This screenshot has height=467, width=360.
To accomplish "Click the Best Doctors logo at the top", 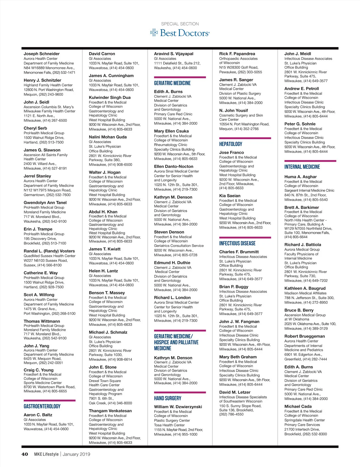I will pyautogui.click(x=180, y=33).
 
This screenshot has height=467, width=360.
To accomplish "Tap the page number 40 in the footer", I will pyautogui.click(x=25, y=454).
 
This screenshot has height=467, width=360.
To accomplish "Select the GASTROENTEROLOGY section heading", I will pyautogui.click(x=42, y=406).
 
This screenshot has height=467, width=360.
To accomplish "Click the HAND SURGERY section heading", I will pyautogui.click(x=168, y=398).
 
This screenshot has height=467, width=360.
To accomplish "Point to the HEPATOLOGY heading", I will pyautogui.click(x=231, y=144).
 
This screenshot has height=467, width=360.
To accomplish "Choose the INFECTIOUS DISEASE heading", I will pyautogui.click(x=237, y=243).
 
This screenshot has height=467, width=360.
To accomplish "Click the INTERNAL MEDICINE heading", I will pyautogui.click(x=302, y=167).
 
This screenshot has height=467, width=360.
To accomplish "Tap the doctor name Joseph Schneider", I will pyautogui.click(x=42, y=54).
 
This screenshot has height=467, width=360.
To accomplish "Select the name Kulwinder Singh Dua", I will pyautogui.click(x=109, y=97).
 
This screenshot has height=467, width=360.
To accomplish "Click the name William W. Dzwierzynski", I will pyautogui.click(x=178, y=407).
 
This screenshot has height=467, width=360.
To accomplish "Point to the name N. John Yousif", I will pyautogui.click(x=233, y=110).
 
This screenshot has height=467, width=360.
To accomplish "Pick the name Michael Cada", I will pyautogui.click(x=298, y=406).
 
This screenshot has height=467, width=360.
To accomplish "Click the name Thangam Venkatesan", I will pyautogui.click(x=110, y=411).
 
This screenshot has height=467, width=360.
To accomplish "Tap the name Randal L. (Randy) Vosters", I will pyautogui.click(x=49, y=251).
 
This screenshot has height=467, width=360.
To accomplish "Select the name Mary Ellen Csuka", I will pyautogui.click(x=171, y=131).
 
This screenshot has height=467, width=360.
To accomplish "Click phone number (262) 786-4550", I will pyautogui.click(x=231, y=414).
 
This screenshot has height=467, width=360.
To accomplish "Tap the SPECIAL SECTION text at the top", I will pyautogui.click(x=180, y=24).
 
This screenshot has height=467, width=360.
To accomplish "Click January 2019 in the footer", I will pyautogui.click(x=76, y=454).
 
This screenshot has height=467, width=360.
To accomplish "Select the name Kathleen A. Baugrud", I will pyautogui.click(x=305, y=288).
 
